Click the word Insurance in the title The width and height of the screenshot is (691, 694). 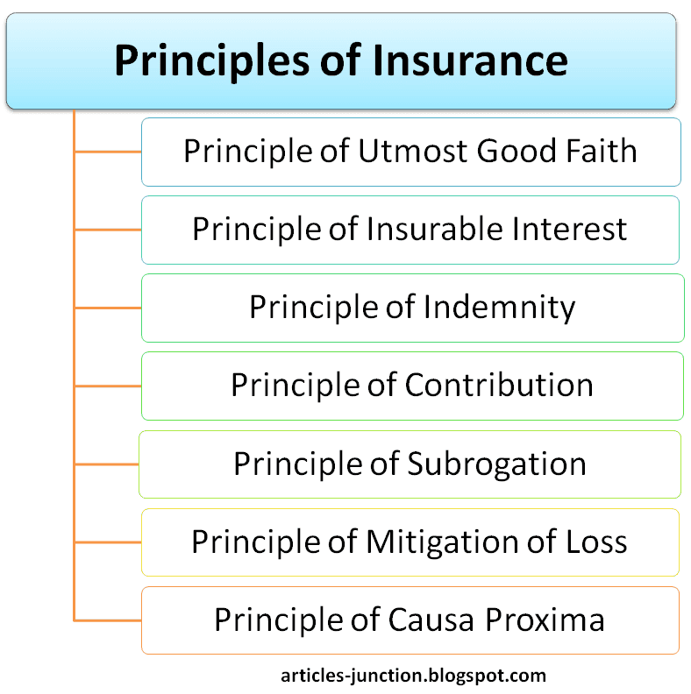pos(470,60)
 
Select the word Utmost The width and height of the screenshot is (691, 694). pos(413,151)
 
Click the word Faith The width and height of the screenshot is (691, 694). pos(602,151)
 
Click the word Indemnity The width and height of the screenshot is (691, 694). pos(499,308)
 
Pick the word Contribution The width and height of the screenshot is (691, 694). pos(499,384)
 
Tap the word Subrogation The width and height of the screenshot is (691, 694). pos(496,464)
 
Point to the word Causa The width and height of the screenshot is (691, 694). pos(431,620)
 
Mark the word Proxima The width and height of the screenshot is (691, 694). pos(545,620)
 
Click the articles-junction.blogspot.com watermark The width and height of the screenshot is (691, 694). pos(413,676)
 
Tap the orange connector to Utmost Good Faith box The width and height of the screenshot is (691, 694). pos(108,152)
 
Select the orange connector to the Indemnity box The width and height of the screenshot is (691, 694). pos(108,308)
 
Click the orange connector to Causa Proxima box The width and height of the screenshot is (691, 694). pos(108,620)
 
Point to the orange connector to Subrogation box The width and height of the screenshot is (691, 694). pos(107,464)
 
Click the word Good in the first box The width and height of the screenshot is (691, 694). pos(516,151)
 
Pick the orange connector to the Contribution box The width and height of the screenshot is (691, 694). pos(108,386)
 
